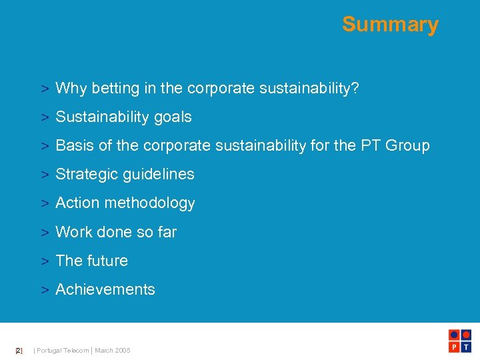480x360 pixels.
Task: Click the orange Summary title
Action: tap(390, 25)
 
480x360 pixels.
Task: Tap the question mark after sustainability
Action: tap(355, 88)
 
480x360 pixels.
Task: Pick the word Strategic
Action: tap(85, 174)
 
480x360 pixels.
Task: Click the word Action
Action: tap(77, 203)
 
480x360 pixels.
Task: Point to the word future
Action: tap(107, 261)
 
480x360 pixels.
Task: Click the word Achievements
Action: tap(105, 289)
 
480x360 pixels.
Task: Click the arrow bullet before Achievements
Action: tap(44, 290)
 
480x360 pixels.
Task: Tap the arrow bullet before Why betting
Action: tap(44, 89)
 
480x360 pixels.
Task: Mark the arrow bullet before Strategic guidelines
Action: tap(44, 175)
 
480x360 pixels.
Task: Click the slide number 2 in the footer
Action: tap(19, 350)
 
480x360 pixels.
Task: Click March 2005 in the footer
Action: tap(113, 350)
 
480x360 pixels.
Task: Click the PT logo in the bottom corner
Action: tap(461, 341)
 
